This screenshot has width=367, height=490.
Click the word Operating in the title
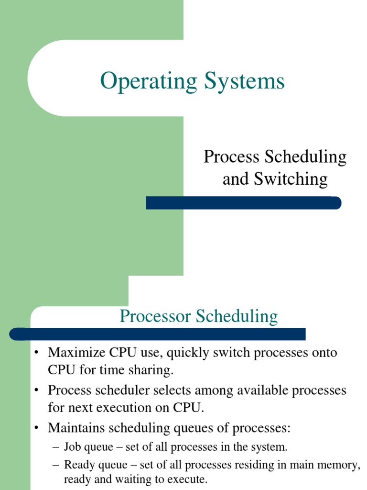click(x=148, y=81)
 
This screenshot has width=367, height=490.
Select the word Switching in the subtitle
click(x=291, y=179)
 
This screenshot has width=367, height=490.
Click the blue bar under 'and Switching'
click(x=243, y=203)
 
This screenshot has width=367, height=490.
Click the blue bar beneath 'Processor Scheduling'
click(x=158, y=334)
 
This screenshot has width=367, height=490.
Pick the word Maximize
click(x=77, y=353)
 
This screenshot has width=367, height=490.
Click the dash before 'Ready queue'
click(x=56, y=465)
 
